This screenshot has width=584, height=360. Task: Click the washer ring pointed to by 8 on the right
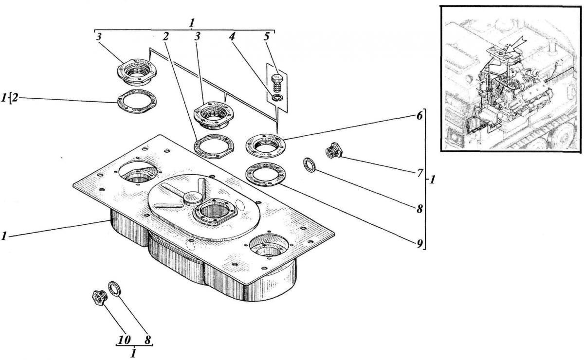tap(310, 164)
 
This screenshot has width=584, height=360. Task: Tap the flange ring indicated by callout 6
tap(265, 143)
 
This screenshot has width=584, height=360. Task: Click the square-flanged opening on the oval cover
tap(215, 212)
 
